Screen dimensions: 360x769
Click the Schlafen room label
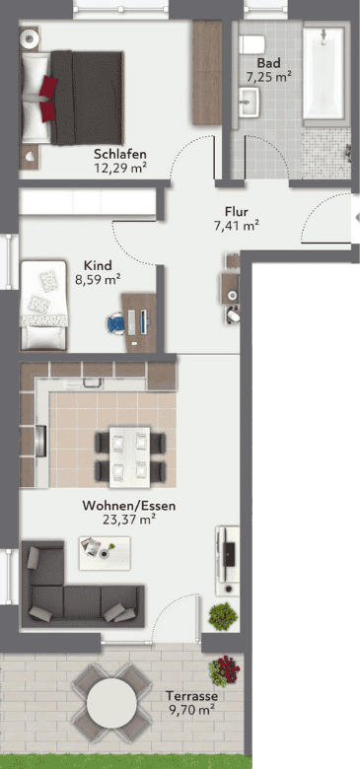pos(120,155)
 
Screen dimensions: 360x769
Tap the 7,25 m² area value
pos(269,77)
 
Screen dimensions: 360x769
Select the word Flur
pos(237,212)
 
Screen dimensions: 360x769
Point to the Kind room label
pos(98,265)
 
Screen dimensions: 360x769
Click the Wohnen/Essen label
pos(129,505)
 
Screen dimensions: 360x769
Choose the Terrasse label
pos(191,695)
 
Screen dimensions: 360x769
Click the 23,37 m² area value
pos(129,519)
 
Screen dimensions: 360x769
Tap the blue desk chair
pos(115,322)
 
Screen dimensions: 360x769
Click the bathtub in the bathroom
pos(324,73)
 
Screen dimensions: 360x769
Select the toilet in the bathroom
pos(252,44)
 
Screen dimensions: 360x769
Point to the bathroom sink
pos(250,102)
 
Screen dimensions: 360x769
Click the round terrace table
pos(111,703)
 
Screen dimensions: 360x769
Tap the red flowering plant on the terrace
pos(224,670)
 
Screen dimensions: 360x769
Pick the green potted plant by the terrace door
pos(223,616)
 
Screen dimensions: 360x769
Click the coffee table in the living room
pos(105,553)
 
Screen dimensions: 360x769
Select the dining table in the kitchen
pos(129,457)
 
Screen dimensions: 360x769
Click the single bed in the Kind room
pos(43,305)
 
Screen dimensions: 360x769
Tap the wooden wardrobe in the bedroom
pos(207,73)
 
